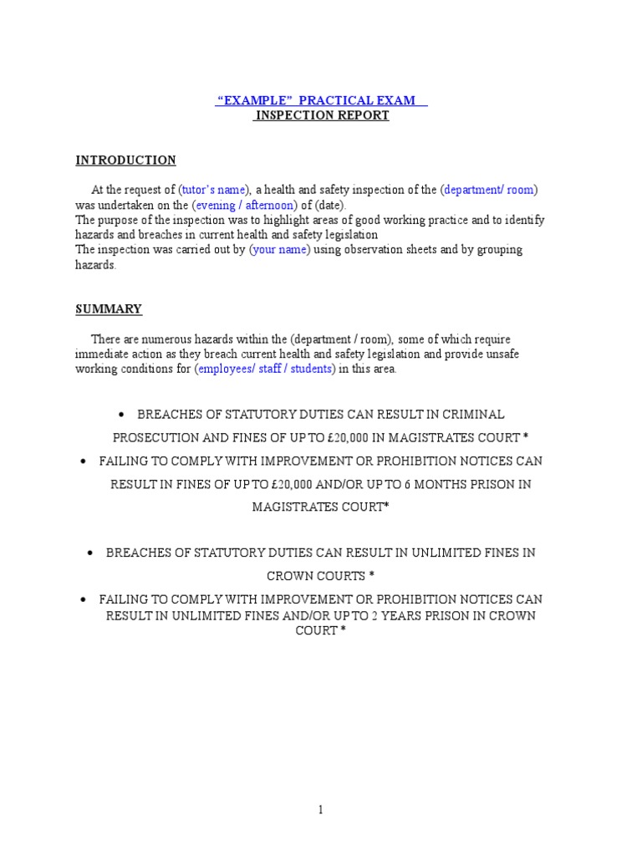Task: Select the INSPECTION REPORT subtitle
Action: [322, 115]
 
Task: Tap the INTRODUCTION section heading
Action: [125, 160]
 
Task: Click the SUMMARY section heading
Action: [109, 308]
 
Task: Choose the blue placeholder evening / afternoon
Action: [244, 205]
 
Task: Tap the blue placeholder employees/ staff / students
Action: [264, 369]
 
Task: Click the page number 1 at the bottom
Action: [321, 809]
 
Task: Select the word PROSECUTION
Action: [155, 438]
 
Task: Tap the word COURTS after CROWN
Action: [341, 576]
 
